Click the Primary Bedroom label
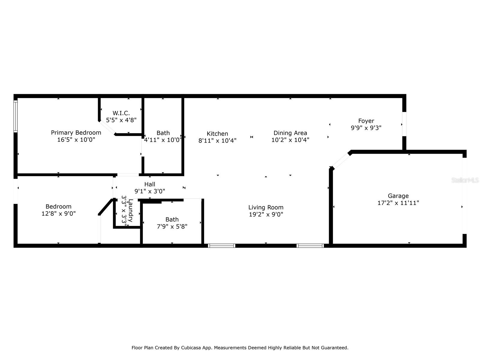click(76, 133)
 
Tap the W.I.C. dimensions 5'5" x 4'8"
click(121, 120)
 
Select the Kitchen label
click(217, 133)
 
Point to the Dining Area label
click(290, 133)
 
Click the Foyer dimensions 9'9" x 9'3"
click(366, 128)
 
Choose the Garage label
click(398, 196)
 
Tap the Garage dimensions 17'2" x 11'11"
click(398, 203)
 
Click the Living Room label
click(266, 207)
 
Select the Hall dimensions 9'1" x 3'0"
click(150, 191)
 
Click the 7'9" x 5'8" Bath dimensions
click(172, 226)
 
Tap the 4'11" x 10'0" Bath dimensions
click(163, 140)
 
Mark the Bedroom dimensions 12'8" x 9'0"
click(58, 214)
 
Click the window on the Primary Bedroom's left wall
click(16, 116)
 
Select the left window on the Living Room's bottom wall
click(222, 246)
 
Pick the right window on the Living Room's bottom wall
click(310, 246)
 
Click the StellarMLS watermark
click(465, 180)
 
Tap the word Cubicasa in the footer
click(191, 348)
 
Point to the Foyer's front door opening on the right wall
click(404, 124)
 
